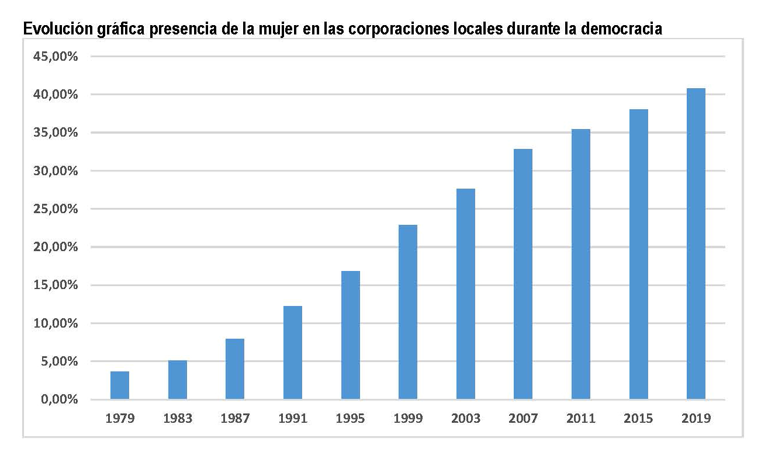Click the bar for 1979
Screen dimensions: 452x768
coord(120,385)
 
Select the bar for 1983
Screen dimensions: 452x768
coord(178,380)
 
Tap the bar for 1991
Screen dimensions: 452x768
coord(293,353)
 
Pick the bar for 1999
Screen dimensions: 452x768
coord(408,312)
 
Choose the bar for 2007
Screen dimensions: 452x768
coord(523,274)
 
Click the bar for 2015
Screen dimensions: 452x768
coord(639,255)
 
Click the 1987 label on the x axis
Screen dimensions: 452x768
coord(235,419)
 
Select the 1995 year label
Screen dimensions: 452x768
coord(351,419)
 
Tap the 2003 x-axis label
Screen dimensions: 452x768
coord(466,419)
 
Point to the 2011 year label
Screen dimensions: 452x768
coord(581,419)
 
